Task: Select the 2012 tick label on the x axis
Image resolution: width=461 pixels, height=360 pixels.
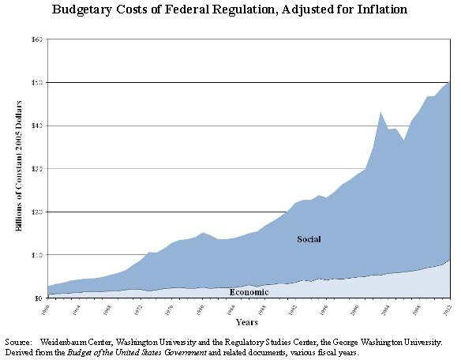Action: point(448,307)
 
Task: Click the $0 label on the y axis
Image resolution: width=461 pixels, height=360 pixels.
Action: point(37,298)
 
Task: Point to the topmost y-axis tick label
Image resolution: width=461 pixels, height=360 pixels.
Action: point(36,39)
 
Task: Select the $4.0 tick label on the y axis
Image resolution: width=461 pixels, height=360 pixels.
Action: point(36,126)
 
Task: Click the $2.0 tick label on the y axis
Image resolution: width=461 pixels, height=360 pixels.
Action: point(36,212)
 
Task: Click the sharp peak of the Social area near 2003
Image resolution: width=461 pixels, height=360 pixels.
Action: point(380,112)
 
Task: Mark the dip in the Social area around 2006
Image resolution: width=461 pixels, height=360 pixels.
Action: point(404,140)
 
